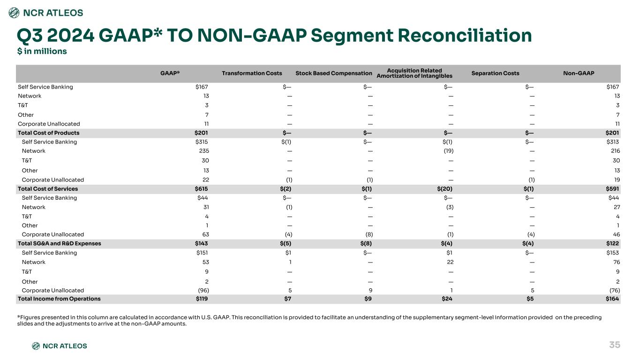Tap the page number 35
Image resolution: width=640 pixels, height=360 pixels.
tap(615, 345)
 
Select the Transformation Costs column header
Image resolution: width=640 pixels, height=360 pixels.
tap(252, 73)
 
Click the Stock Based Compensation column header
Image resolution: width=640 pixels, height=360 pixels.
tap(334, 73)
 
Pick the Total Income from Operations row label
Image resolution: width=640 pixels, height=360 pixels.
tap(59, 299)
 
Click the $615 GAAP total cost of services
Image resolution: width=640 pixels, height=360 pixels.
tap(201, 188)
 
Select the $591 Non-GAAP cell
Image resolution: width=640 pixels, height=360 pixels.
tap(612, 188)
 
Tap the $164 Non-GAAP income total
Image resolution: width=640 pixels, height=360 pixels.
tap(612, 299)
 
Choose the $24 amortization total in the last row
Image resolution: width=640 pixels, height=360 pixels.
tap(447, 299)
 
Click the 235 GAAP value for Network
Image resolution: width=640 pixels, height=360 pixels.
tap(204, 151)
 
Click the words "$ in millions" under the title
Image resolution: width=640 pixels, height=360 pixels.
tap(42, 51)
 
